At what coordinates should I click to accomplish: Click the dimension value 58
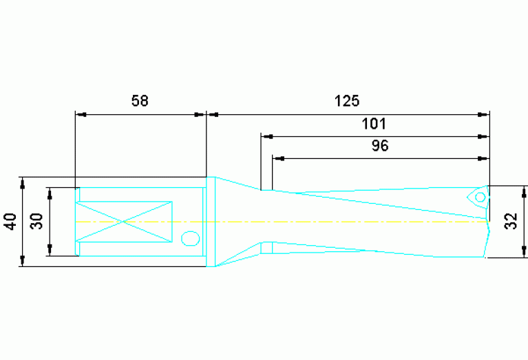(140, 101)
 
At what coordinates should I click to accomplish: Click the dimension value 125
(347, 101)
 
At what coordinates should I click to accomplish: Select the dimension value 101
(374, 124)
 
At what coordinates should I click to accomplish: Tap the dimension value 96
(380, 146)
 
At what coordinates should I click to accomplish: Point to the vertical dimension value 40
(10, 222)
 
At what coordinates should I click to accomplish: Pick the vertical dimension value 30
(37, 221)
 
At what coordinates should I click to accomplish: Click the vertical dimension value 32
(510, 222)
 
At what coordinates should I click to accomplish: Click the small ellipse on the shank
(189, 239)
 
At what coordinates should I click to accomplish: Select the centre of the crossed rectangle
(123, 222)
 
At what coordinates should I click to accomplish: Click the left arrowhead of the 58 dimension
(80, 114)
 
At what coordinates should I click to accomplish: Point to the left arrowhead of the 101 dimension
(266, 136)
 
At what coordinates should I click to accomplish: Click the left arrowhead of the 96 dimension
(278, 158)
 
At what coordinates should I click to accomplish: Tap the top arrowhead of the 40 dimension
(22, 183)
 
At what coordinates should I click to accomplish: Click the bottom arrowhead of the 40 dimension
(22, 261)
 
